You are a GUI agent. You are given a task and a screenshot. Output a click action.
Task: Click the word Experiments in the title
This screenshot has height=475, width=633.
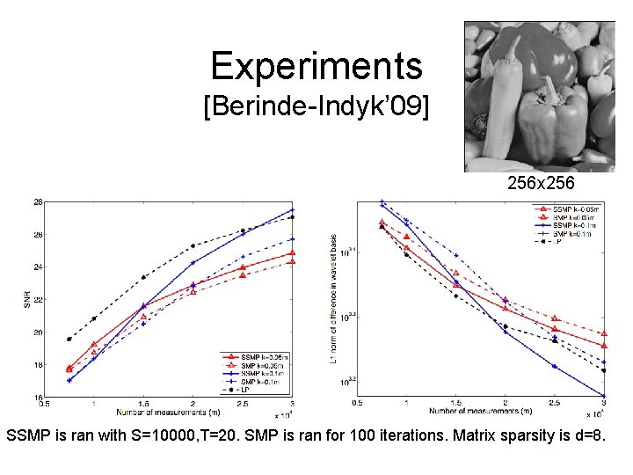[x=316, y=66]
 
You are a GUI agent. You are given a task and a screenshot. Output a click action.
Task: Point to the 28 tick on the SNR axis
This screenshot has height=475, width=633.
[x=38, y=201]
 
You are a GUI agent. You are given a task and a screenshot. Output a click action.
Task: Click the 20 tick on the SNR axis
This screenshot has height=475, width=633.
[x=38, y=332]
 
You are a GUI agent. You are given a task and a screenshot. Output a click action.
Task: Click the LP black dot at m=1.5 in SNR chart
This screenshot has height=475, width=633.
[x=143, y=278]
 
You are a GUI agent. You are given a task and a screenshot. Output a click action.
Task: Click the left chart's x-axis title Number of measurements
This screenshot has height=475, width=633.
[x=163, y=412]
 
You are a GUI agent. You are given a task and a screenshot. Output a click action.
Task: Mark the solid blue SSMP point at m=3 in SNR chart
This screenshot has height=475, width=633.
[x=292, y=210]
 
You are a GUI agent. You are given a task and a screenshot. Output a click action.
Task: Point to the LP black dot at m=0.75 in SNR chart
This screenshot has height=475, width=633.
[x=69, y=339]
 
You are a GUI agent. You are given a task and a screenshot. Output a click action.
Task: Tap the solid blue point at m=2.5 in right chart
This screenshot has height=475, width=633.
[x=555, y=366]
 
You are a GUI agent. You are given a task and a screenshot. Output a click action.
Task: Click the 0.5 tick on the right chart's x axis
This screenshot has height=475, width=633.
[x=357, y=403]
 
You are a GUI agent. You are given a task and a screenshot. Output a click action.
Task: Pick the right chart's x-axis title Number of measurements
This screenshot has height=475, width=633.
[x=479, y=411]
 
